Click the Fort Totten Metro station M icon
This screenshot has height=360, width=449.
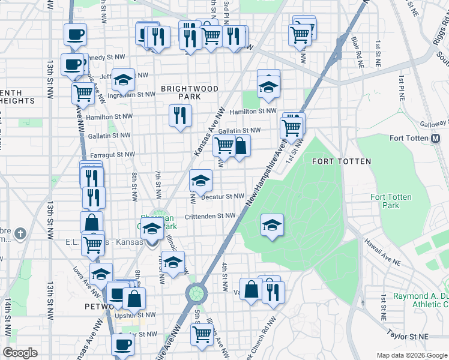point(438,139)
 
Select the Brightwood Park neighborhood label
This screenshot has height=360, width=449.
point(189,92)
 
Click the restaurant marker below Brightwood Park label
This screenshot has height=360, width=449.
point(180,115)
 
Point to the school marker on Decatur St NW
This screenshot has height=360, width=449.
point(201,179)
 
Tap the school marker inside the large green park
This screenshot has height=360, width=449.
point(272,225)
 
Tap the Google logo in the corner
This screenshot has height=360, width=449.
point(20,353)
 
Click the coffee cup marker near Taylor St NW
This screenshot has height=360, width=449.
point(123,344)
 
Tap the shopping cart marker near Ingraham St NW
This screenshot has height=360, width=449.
point(83,93)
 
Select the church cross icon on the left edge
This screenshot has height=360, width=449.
point(20,232)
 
